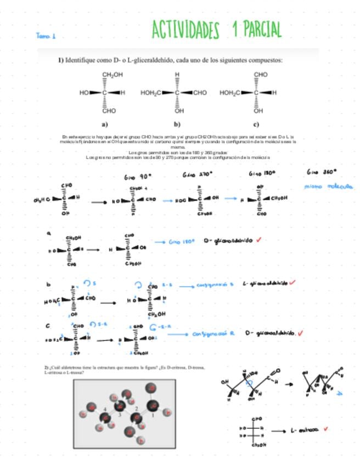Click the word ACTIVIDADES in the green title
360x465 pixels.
tap(185, 30)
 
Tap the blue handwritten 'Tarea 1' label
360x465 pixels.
tap(46, 36)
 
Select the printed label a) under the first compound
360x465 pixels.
tap(105, 124)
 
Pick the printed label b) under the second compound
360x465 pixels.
tap(177, 124)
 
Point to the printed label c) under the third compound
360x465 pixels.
tap(256, 124)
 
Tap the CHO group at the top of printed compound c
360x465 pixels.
tap(261, 75)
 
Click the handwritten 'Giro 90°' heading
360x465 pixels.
tap(137, 177)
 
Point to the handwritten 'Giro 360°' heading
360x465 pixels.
tap(322, 172)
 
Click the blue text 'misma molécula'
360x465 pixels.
tap(329, 186)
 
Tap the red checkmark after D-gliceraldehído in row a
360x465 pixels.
tap(258, 240)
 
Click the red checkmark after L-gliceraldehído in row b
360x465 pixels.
tap(292, 282)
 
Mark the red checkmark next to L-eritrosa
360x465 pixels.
tap(326, 429)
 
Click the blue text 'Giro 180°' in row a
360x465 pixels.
tap(182, 241)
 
